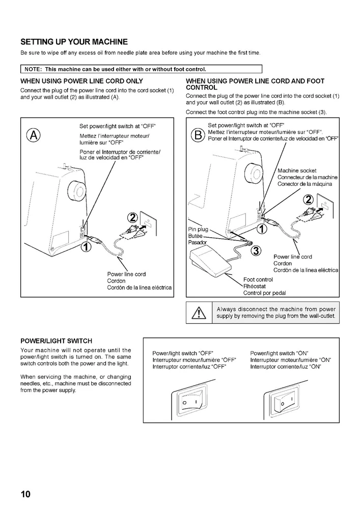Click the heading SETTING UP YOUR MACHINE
coord(74,41)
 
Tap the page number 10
coord(26,494)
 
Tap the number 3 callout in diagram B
coord(256,250)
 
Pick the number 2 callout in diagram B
coord(309,199)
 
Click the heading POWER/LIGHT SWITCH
coord(57,341)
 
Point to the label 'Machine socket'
coord(297,171)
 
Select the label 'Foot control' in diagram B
coord(258,279)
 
